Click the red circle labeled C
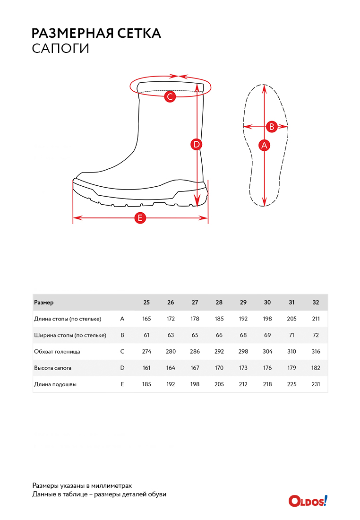tap(170, 97)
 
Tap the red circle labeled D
tap(197, 144)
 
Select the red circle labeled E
tap(140, 218)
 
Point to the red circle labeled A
tap(265, 145)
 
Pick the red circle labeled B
tap(272, 126)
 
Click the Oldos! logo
tap(308, 500)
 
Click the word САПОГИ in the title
tap(60, 49)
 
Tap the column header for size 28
tap(219, 303)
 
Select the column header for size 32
tap(316, 303)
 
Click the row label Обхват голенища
tap(57, 352)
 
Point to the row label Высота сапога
tap(53, 368)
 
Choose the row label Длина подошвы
tap(55, 384)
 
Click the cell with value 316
tap(316, 352)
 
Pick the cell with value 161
tap(146, 368)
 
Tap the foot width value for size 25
tap(146, 335)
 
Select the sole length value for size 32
tap(316, 384)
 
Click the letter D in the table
tap(122, 368)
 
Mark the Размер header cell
tap(44, 303)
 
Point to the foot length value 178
tap(195, 319)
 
